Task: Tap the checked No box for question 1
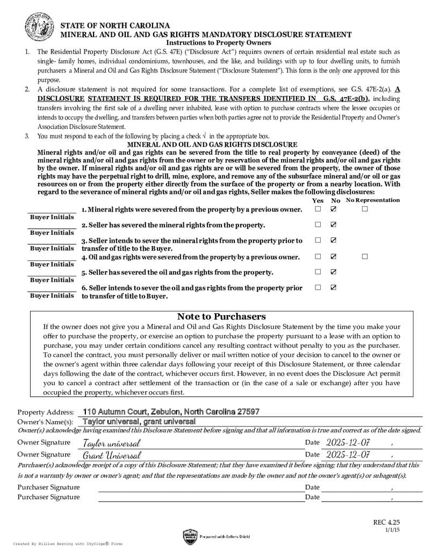tap(334, 208)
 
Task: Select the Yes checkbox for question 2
tap(318, 225)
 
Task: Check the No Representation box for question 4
tap(365, 256)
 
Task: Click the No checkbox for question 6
tap(334, 287)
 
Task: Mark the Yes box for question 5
tap(318, 272)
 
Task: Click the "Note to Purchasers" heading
tap(221, 316)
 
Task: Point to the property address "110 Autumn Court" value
tap(171, 411)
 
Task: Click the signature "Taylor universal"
tap(112, 443)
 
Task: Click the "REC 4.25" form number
tap(387, 522)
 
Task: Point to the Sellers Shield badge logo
tap(190, 536)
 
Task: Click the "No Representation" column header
tap(373, 200)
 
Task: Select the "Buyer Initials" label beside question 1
tap(52, 217)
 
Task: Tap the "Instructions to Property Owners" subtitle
tap(219, 42)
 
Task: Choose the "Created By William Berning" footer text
tap(68, 544)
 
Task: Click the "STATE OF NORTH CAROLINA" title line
tap(115, 26)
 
